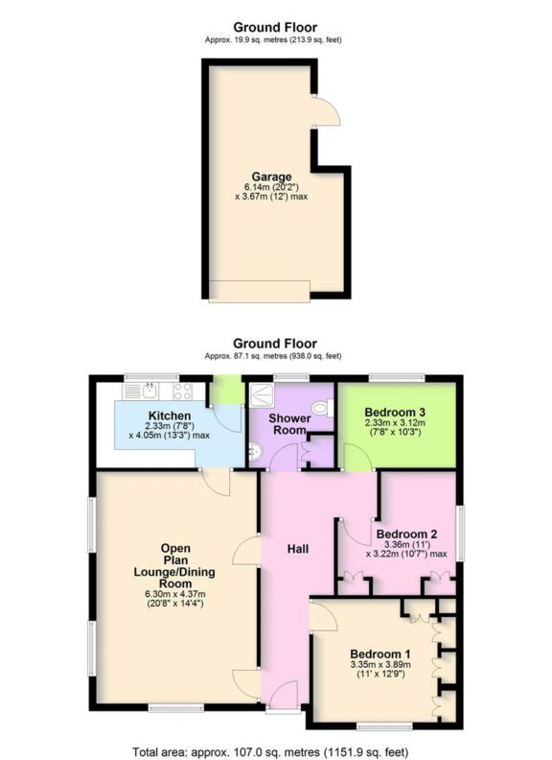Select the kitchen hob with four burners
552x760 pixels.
183,391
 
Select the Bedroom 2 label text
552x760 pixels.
406,534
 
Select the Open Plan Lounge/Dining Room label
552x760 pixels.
176,565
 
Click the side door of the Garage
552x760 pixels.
326,113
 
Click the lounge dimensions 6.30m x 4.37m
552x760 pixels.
176,594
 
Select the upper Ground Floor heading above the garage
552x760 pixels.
275,28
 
